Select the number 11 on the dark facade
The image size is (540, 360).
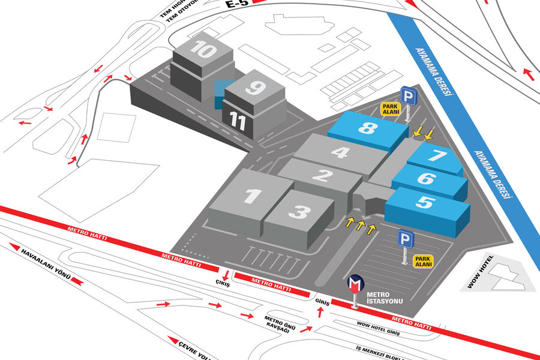[x=238, y=122]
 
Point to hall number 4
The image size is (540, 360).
[x=340, y=152]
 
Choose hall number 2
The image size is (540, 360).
[x=323, y=176]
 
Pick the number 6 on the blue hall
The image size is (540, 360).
[x=426, y=179]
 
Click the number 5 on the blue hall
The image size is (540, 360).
[x=425, y=203]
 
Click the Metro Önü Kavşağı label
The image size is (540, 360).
[x=278, y=325]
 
